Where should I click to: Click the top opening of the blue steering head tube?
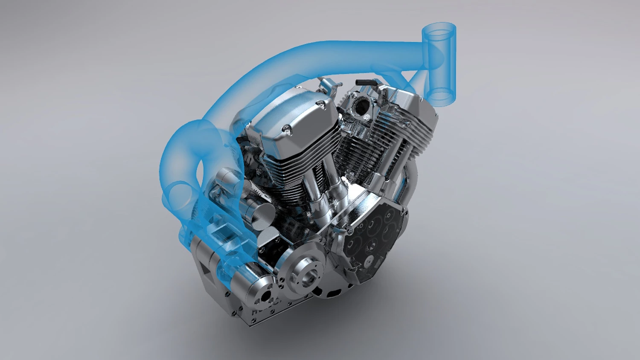click(x=439, y=30)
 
